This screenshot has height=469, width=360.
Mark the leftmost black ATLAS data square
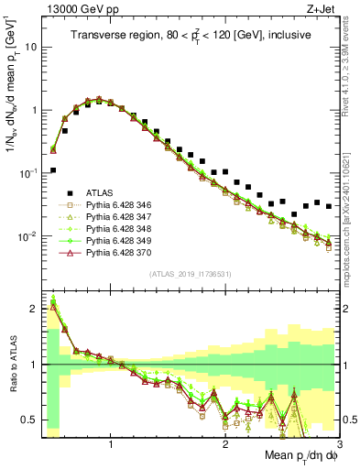(53, 169)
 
